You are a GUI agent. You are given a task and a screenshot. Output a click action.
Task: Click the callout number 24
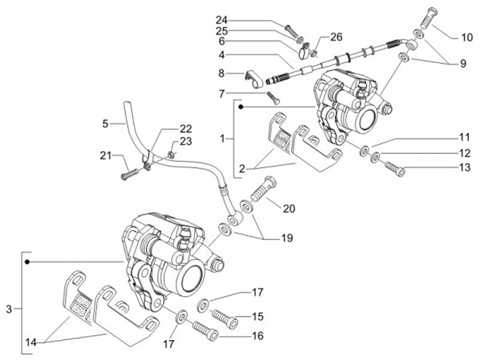click(x=222, y=20)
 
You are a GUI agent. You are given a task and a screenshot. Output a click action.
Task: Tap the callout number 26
click(x=336, y=37)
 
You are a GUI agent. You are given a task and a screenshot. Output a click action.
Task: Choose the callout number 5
click(x=105, y=124)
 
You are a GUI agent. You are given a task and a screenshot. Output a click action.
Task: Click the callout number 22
click(x=186, y=128)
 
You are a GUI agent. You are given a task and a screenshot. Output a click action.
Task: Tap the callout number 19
click(x=287, y=238)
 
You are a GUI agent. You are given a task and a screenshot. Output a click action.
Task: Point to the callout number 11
click(x=464, y=136)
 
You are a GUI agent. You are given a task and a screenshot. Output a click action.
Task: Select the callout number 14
click(x=31, y=343)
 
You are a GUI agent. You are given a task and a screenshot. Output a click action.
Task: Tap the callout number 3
click(x=9, y=309)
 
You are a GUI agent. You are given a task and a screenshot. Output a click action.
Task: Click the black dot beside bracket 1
click(x=241, y=107)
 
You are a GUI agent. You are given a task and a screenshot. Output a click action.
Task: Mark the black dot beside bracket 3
click(x=27, y=262)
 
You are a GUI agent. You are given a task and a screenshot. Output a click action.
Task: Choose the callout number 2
click(x=242, y=168)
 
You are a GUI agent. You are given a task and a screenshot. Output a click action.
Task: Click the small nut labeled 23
click(x=172, y=154)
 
